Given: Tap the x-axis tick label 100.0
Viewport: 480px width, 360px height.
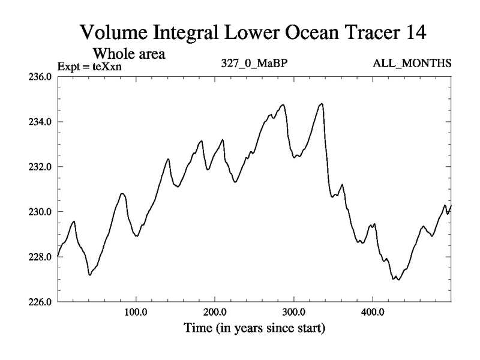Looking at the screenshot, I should point(136,313).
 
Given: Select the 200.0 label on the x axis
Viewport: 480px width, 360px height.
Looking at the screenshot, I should point(215,313).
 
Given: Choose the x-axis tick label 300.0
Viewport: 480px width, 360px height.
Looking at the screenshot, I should point(294,313).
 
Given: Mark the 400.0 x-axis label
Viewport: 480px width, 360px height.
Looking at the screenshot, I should point(373,313).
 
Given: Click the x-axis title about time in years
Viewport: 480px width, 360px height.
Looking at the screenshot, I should point(254,329).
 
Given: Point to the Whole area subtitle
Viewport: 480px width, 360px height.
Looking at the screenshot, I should point(128,53).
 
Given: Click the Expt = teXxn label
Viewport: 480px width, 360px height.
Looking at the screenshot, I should point(89,66).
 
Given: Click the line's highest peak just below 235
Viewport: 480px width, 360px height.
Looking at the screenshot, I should point(322,104).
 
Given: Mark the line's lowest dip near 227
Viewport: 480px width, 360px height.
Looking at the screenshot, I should point(398,280).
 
